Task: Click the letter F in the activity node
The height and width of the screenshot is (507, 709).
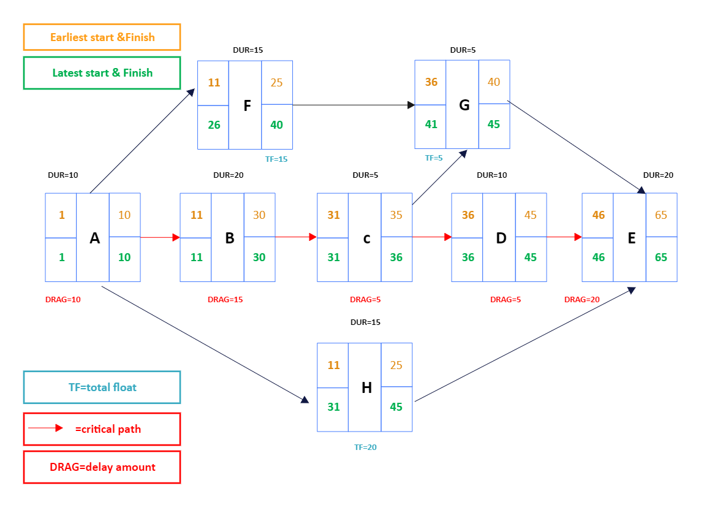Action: [247, 105]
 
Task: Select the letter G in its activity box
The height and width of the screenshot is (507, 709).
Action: [464, 105]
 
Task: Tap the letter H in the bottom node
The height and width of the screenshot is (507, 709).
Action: [366, 387]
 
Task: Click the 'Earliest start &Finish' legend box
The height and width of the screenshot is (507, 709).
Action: [102, 37]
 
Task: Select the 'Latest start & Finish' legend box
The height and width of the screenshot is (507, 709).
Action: [102, 73]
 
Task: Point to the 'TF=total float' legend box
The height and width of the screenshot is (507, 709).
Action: [102, 387]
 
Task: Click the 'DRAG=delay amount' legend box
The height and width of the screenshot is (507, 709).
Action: [102, 467]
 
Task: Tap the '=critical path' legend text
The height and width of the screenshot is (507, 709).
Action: [108, 429]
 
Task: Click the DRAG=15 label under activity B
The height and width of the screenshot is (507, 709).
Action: [225, 300]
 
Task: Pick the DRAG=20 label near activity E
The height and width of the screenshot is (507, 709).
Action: [582, 300]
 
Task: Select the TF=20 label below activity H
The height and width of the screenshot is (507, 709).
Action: [365, 447]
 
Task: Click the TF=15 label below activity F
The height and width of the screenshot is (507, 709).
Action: [276, 159]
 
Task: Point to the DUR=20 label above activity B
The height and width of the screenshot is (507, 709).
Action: [229, 175]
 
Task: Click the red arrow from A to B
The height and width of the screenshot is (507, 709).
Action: [160, 237]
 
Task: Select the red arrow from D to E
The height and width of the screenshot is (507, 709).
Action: [564, 237]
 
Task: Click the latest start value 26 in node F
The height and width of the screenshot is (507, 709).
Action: [214, 125]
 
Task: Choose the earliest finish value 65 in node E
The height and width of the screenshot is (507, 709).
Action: [661, 215]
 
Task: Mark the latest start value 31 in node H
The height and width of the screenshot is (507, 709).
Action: [333, 406]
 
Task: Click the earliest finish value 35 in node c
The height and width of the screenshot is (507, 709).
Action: [396, 215]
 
